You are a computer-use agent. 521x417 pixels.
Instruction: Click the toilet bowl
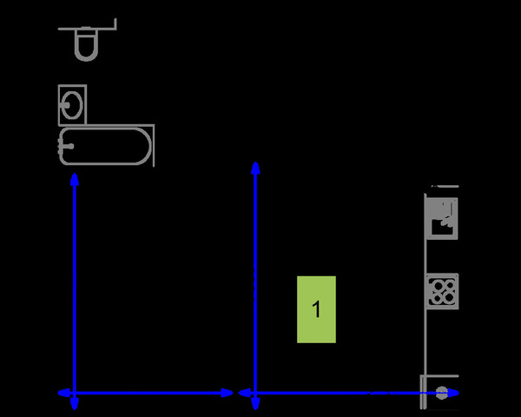pos(86,44)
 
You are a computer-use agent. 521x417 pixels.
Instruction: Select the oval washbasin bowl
pos(72,105)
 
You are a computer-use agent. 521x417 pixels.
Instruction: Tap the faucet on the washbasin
pos(66,105)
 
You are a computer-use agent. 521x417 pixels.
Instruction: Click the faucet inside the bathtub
pos(68,146)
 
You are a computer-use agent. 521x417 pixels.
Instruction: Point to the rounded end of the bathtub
pos(143,146)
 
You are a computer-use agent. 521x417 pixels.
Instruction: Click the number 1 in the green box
pos(317,309)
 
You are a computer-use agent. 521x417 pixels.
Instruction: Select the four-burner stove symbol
pos(442,292)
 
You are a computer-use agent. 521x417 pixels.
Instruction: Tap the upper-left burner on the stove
pos(437,286)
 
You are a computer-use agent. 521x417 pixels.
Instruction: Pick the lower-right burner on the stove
pos(448,298)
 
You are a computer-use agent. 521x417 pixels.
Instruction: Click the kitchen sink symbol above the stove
pos(442,218)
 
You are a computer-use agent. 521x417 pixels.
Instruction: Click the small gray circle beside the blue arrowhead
pos(441,393)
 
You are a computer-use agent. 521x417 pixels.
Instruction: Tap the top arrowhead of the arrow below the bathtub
pos(75,179)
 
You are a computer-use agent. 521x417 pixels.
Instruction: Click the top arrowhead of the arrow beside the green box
pos(255,168)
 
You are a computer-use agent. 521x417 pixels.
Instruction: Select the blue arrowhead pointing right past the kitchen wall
pos(453,393)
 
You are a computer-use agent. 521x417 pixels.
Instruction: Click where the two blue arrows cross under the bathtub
pos(75,393)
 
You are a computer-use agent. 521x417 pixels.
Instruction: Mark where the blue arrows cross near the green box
pos(255,393)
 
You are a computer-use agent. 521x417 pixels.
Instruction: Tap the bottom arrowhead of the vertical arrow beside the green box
pos(255,404)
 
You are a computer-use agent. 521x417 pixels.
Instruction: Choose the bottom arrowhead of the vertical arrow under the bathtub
pos(75,404)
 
